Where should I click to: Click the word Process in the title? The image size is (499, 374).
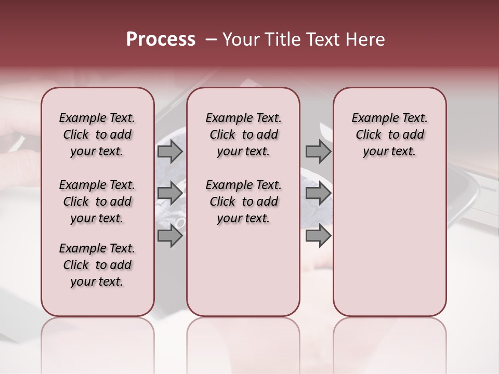click(161, 39)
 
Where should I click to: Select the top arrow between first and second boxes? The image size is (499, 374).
click(170, 151)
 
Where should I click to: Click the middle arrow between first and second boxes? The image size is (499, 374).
click(170, 193)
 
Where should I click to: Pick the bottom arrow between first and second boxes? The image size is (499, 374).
click(170, 236)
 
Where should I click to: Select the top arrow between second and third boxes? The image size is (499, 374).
click(318, 151)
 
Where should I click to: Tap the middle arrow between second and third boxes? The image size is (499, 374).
click(318, 193)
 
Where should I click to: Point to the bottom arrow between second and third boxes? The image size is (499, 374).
click(318, 236)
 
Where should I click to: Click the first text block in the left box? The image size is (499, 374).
click(97, 135)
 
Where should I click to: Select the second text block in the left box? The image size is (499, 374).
click(97, 202)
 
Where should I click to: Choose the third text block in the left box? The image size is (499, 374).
click(97, 265)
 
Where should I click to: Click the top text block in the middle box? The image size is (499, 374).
click(243, 135)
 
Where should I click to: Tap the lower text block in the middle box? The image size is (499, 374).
click(243, 202)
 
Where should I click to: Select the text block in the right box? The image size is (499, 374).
click(390, 135)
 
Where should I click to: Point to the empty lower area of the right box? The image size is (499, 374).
click(390, 244)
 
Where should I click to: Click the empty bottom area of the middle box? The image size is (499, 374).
click(243, 275)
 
